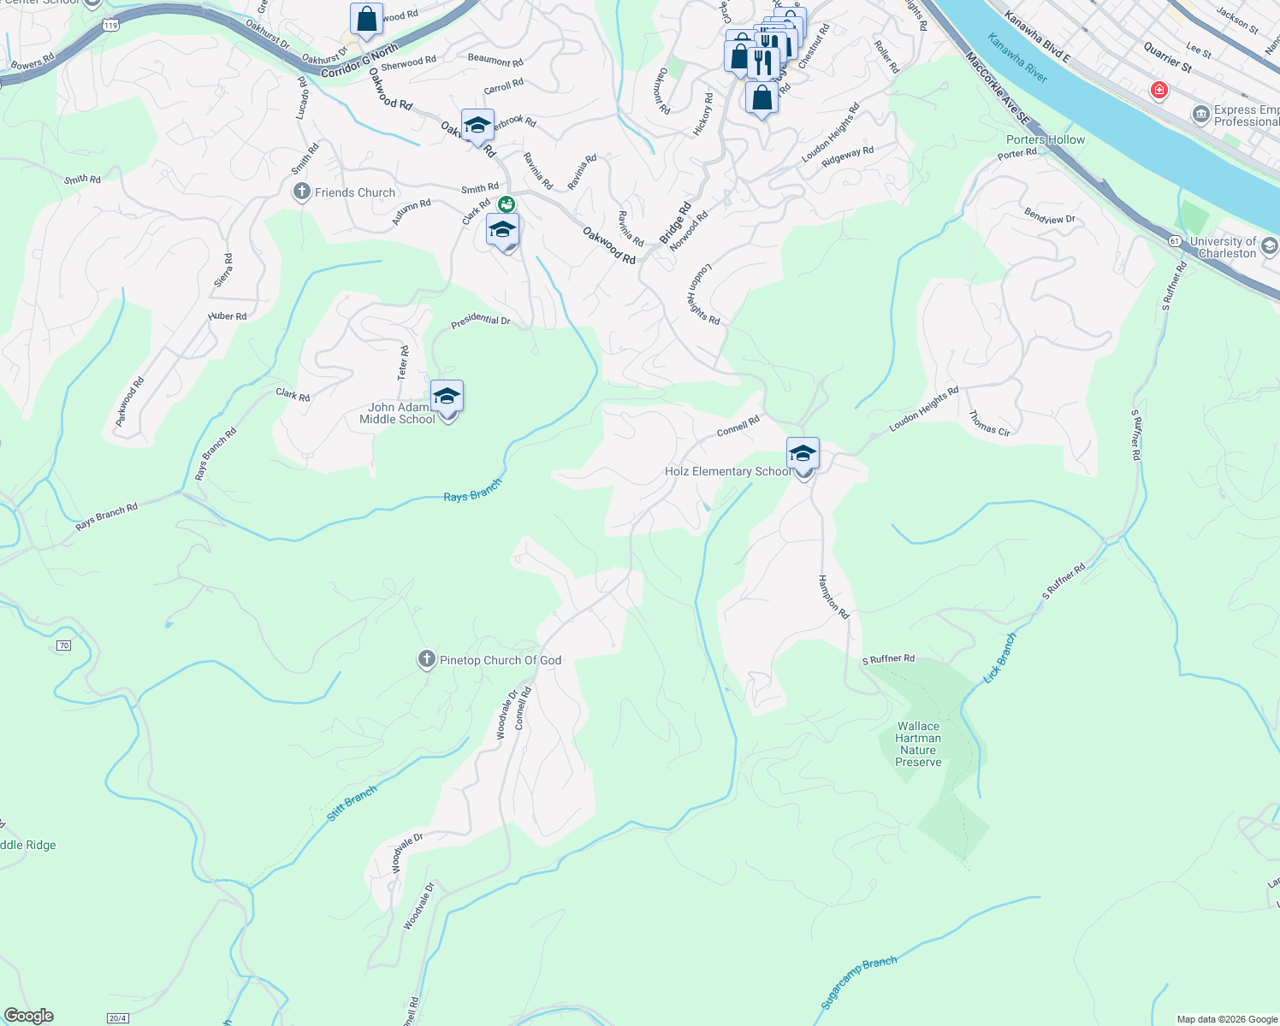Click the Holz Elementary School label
point(728,471)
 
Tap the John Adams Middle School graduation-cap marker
point(447,397)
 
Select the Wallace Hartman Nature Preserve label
point(918,744)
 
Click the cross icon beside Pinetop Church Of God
point(427,660)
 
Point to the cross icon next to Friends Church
point(301,192)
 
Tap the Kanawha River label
point(1017,58)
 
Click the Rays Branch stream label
point(472,492)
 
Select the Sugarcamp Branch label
point(859,983)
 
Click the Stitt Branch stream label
point(352,805)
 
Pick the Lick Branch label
point(999,657)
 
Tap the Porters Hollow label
point(1045,139)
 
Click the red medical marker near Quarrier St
point(1159,90)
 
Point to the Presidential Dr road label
point(481,321)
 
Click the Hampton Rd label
point(833,597)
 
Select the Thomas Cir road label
point(989,423)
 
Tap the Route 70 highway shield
point(64,646)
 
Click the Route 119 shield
point(110,26)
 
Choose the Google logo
point(28,1016)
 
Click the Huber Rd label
point(227,316)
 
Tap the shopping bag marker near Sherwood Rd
point(366,20)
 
